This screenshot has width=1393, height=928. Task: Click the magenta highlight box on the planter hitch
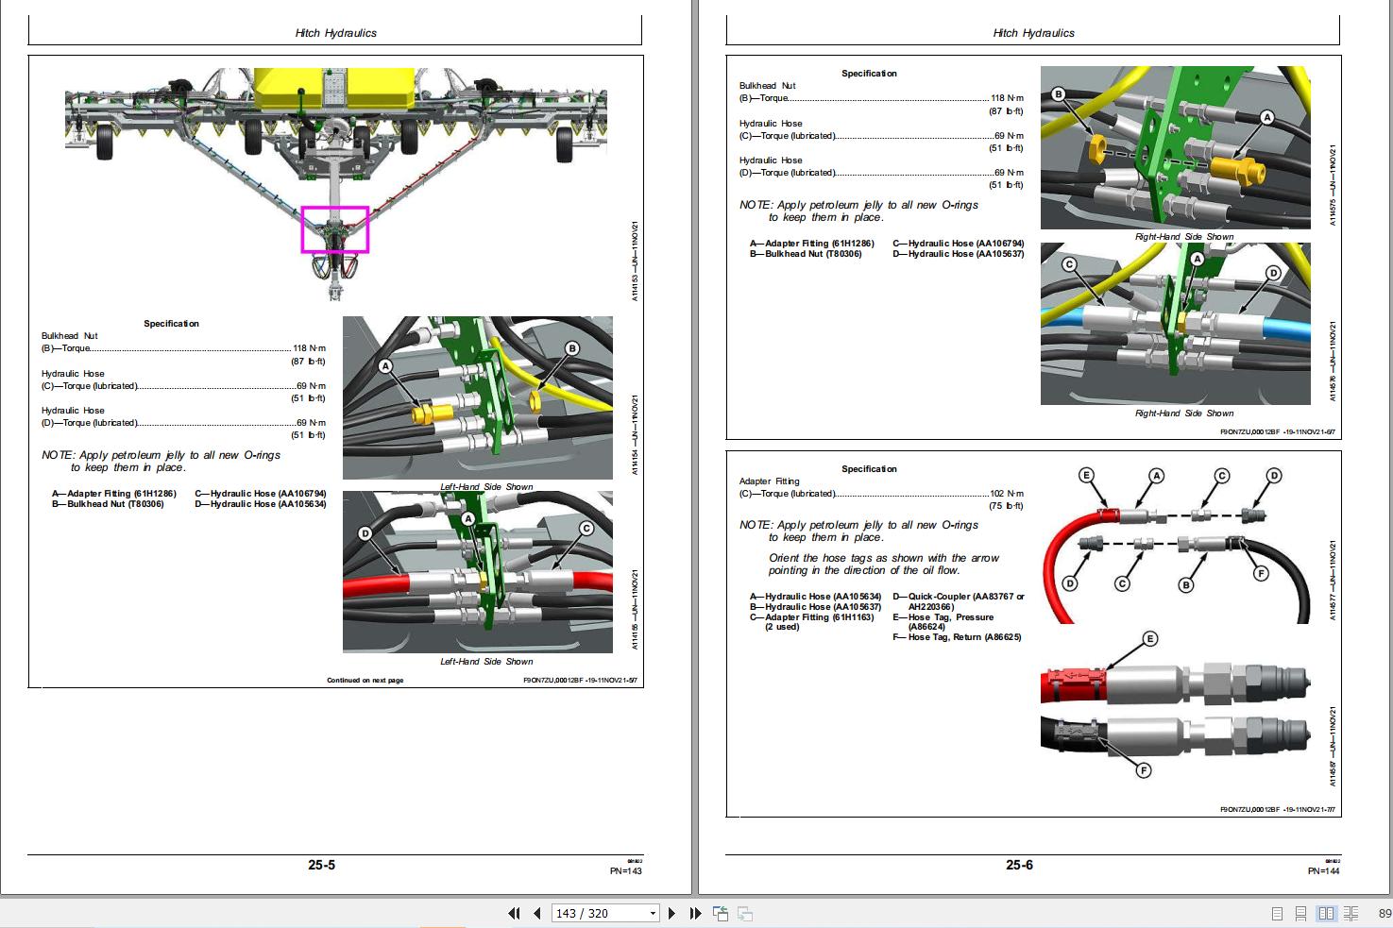pos(335,229)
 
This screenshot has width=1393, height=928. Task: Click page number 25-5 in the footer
pos(321,865)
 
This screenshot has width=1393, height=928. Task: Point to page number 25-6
pos(1019,865)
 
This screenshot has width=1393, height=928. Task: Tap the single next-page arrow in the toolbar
pos(671,913)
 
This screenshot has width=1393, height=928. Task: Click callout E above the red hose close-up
pos(1149,639)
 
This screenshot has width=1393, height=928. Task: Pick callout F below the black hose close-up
pos(1143,770)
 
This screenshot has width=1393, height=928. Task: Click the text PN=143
pos(625,871)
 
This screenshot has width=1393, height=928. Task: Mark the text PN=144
pos(1323,871)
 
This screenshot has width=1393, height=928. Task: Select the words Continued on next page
pos(365,680)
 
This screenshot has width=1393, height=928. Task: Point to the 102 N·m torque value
pos(1007,494)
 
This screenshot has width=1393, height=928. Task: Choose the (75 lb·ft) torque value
pos(1006,506)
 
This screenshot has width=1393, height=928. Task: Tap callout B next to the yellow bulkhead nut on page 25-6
pos(1058,94)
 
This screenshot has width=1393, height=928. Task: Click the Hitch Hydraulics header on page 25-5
pos(335,33)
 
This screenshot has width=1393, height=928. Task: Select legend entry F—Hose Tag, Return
pos(957,637)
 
